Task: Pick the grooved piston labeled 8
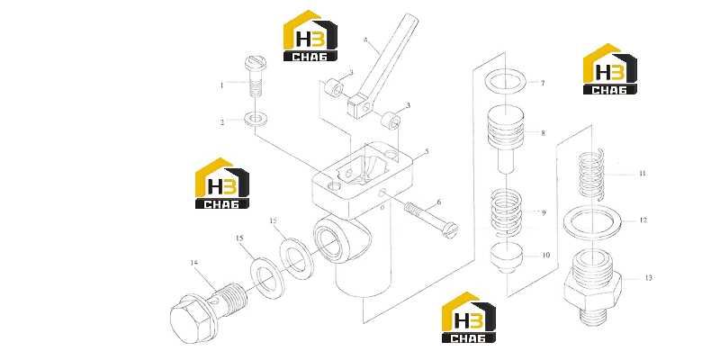click(x=505, y=138)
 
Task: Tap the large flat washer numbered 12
click(x=592, y=222)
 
